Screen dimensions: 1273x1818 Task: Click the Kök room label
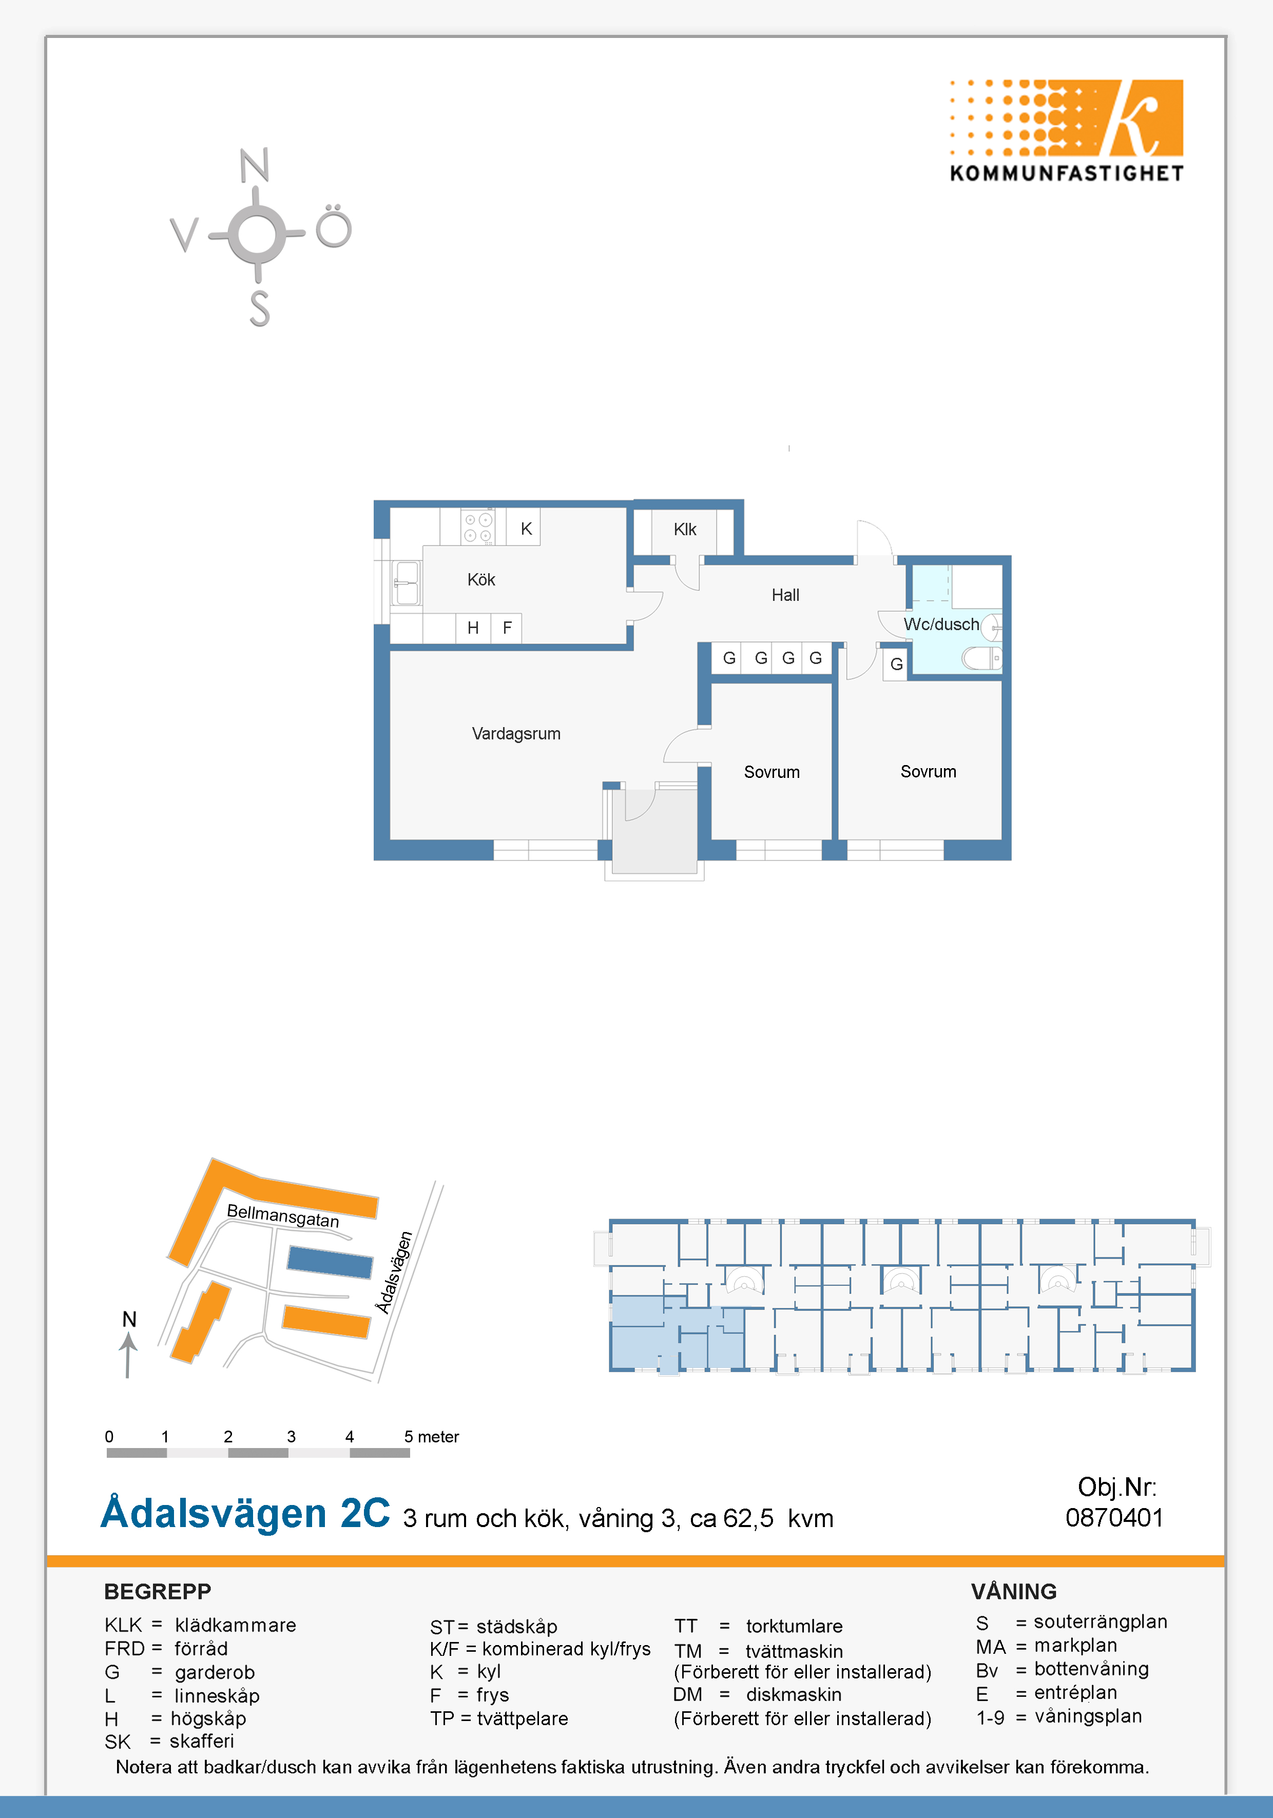[481, 580]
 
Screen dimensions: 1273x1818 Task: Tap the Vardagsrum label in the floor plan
[516, 734]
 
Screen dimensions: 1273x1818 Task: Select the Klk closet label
[684, 529]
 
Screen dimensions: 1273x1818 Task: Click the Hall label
[785, 595]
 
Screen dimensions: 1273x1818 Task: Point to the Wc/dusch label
[941, 624]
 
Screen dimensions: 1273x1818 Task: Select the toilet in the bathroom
[981, 658]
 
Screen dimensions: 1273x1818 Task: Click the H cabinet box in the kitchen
[473, 628]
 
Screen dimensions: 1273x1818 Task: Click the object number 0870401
[1114, 1518]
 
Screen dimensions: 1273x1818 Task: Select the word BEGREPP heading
[158, 1592]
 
